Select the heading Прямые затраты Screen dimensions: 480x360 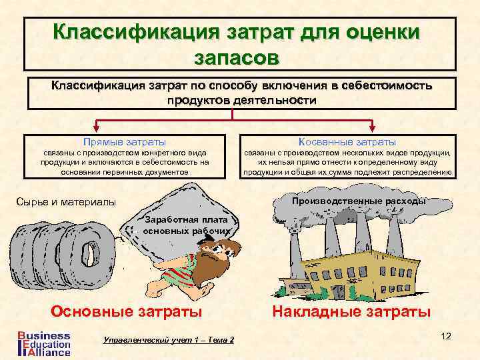click(x=124, y=142)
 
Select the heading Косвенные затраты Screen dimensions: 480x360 click(x=348, y=142)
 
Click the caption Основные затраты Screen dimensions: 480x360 click(x=127, y=311)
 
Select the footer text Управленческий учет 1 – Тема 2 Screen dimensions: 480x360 click(x=169, y=340)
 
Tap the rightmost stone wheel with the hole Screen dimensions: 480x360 click(x=86, y=257)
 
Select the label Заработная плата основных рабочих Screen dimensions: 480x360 click(x=186, y=225)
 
